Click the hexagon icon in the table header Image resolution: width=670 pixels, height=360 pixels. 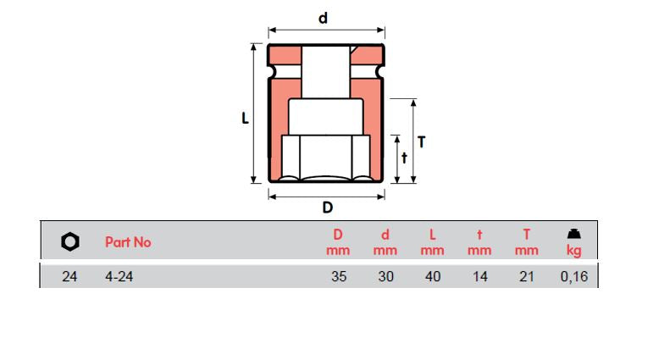coord(70,242)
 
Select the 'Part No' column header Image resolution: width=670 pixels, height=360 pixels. coord(128,242)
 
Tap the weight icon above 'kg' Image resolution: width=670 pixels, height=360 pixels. coord(573,234)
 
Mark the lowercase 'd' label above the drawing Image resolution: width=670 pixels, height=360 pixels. coord(323,18)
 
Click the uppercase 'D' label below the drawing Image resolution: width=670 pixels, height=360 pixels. coord(327,208)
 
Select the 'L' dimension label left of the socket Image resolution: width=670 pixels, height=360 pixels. coord(244,119)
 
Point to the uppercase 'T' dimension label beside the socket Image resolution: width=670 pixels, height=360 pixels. coord(421,141)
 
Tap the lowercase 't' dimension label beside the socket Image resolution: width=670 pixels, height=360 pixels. coord(404,158)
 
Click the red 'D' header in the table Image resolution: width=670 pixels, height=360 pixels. coord(338,235)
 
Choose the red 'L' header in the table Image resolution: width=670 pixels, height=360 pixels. coord(432,235)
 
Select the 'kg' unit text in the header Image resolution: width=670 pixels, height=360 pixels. coord(573,251)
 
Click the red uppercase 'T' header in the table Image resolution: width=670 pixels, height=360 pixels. coord(526,235)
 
